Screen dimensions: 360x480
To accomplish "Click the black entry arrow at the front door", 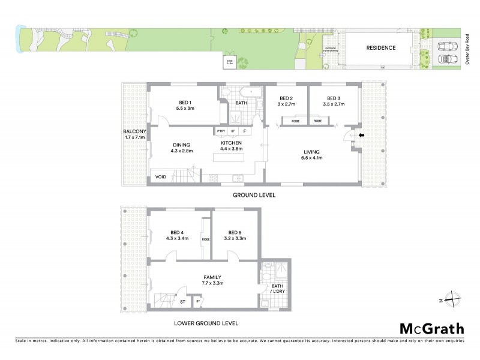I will click(360, 136).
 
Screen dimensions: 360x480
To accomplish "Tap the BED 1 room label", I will click(184, 104).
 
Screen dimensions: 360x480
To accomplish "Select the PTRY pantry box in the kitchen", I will click(220, 131).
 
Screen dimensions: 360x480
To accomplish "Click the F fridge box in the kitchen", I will click(244, 131).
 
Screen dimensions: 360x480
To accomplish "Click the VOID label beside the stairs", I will click(161, 177).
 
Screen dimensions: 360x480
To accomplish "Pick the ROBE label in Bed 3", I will click(317, 121).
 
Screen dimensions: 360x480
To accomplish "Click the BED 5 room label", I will click(234, 235).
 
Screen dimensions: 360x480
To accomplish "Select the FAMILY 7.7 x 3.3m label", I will click(212, 280).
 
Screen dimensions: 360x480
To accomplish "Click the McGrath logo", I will click(431, 328).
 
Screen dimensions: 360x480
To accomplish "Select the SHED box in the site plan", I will click(230, 61).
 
